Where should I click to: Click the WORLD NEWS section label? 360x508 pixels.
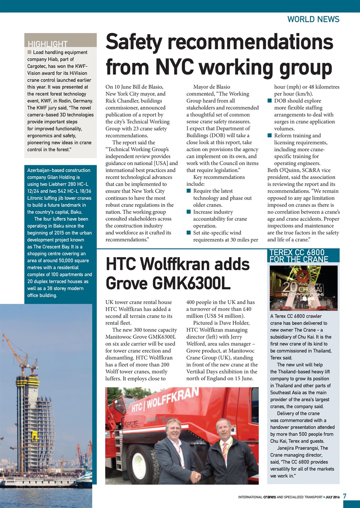[313, 19]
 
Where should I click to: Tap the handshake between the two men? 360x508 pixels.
[195, 477]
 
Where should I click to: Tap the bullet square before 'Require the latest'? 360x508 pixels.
[189, 191]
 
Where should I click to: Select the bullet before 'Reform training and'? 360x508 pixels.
[270, 136]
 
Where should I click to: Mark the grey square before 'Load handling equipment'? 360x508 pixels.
[29, 52]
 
